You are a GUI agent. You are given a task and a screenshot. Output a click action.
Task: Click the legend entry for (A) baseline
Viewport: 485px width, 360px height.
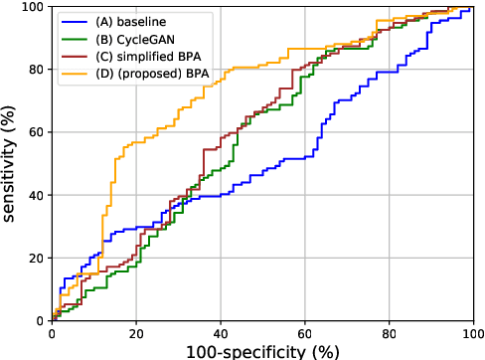(x=124, y=21)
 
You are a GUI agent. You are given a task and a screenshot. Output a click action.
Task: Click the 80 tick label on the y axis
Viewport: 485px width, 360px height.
(x=34, y=70)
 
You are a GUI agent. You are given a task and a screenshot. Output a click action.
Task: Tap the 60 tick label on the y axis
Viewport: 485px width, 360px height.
(x=34, y=132)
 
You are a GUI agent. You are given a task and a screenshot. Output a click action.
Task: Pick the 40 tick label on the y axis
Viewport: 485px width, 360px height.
(x=34, y=195)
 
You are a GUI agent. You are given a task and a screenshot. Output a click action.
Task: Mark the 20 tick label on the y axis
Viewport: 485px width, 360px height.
(x=34, y=258)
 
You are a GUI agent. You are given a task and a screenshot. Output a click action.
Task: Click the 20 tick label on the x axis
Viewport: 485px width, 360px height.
(x=135, y=332)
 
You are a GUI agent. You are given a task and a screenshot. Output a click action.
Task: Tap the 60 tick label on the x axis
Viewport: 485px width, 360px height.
(x=303, y=332)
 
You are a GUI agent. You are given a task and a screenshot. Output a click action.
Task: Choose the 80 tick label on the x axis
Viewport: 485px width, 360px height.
(x=388, y=332)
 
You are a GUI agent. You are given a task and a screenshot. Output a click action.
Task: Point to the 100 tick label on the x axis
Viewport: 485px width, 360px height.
(x=469, y=332)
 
